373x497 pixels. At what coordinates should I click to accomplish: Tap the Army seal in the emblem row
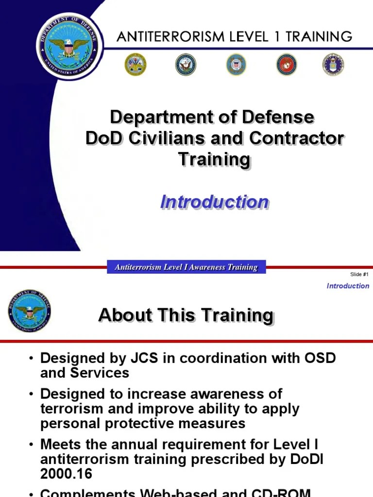pyautogui.click(x=135, y=65)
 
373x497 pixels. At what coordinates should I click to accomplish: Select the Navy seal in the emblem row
pyautogui.click(x=186, y=65)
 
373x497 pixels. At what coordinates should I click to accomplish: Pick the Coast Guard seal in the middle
pyautogui.click(x=236, y=65)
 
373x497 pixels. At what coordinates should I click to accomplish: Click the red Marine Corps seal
pyautogui.click(x=287, y=65)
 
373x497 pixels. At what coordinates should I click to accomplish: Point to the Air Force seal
pyautogui.click(x=333, y=65)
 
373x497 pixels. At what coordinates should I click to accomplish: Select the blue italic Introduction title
pyautogui.click(x=214, y=202)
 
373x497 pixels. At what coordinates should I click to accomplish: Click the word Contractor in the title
pyautogui.click(x=297, y=138)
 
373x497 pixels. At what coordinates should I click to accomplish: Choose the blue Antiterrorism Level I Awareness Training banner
pyautogui.click(x=186, y=267)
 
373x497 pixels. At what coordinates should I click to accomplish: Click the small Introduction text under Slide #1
pyautogui.click(x=348, y=286)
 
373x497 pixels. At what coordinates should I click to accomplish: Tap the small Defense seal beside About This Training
pyautogui.click(x=29, y=311)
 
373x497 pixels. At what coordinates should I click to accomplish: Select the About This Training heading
pyautogui.click(x=186, y=315)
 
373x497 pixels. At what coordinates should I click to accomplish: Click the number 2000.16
pyautogui.click(x=66, y=474)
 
